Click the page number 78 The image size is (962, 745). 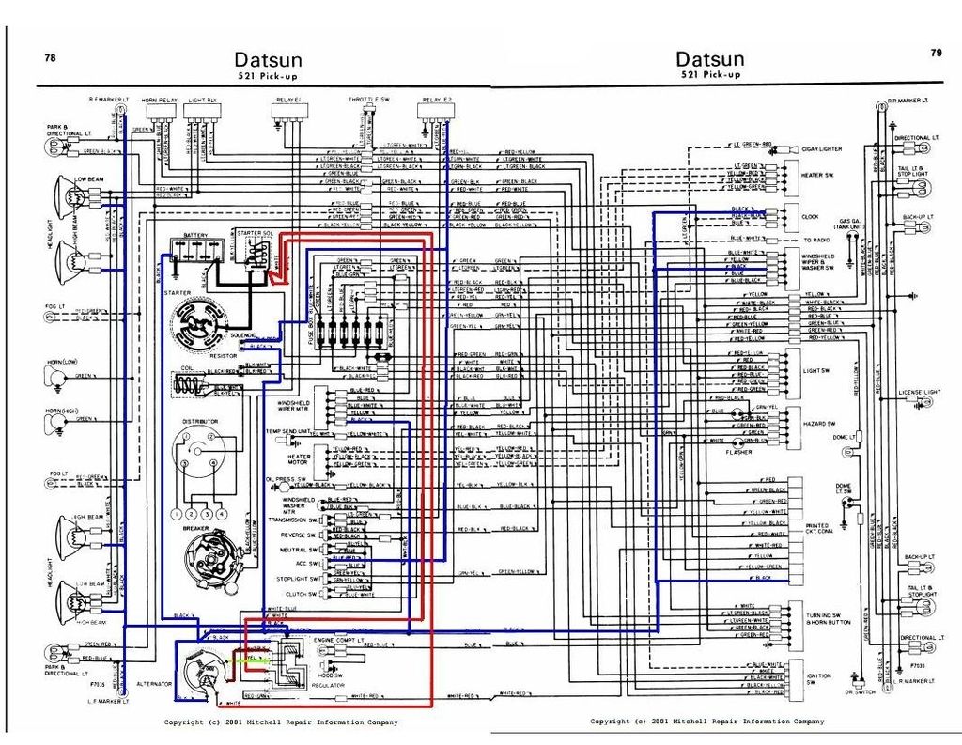tap(50, 57)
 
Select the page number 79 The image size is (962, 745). tap(936, 54)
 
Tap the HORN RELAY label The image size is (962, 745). tap(160, 99)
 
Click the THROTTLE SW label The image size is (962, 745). tap(369, 99)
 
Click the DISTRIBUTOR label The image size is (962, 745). tap(200, 422)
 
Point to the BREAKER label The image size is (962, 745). tap(195, 528)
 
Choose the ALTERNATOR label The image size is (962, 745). tap(154, 684)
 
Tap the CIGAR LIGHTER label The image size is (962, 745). tap(821, 149)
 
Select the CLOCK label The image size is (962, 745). tap(810, 217)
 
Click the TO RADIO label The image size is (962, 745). tap(815, 241)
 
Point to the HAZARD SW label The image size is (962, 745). tap(818, 424)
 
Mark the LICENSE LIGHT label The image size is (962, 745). tap(919, 392)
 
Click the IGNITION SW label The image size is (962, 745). tap(817, 679)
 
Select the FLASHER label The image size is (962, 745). tap(738, 452)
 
